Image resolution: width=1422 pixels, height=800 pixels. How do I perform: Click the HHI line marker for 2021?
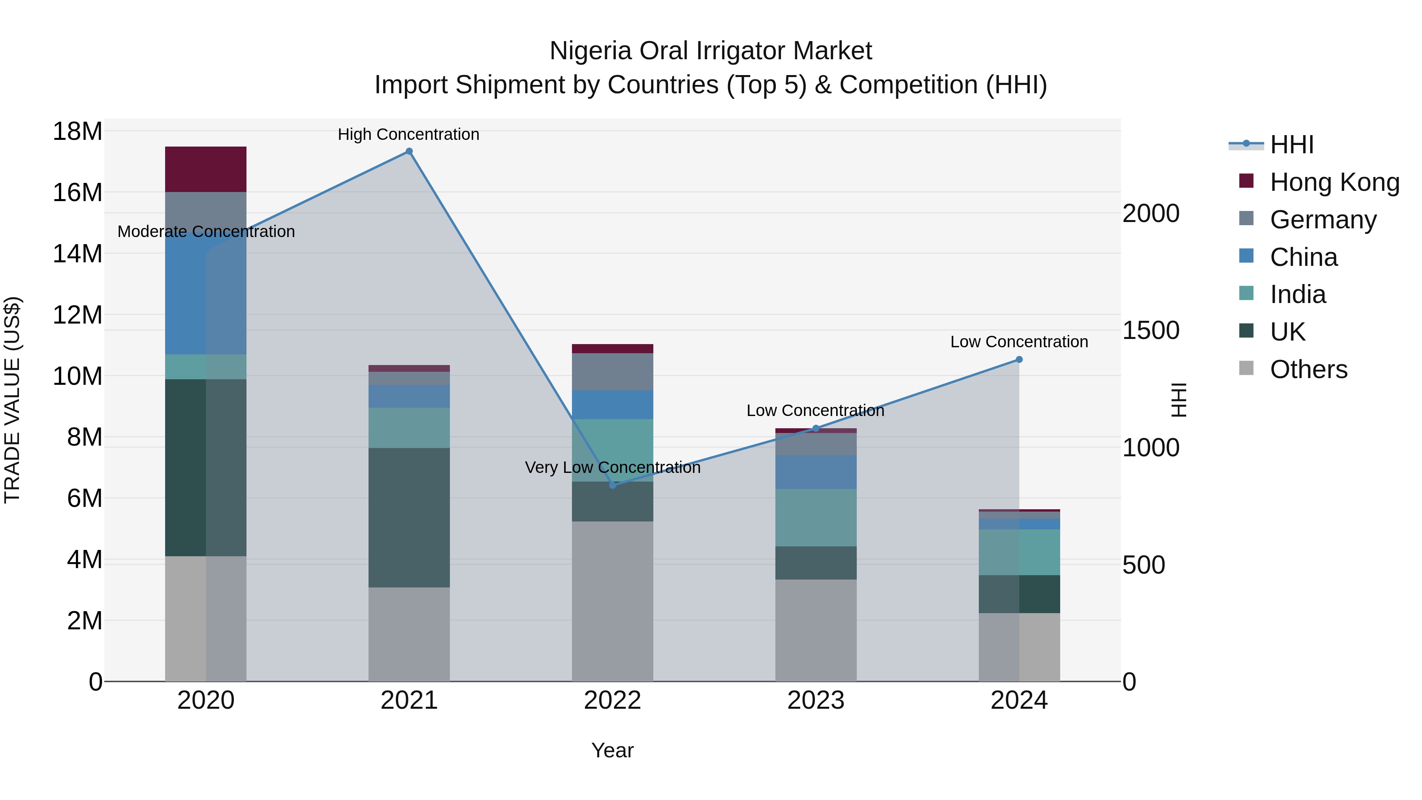pyautogui.click(x=409, y=151)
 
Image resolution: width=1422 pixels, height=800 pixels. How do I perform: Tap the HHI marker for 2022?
pyautogui.click(x=612, y=485)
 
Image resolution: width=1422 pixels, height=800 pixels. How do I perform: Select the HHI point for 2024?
pyautogui.click(x=1019, y=360)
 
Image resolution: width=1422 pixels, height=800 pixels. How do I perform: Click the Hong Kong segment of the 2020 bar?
pyautogui.click(x=205, y=169)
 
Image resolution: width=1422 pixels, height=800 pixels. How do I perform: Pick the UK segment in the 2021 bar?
pyautogui.click(x=409, y=517)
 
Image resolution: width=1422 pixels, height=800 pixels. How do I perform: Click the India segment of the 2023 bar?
pyautogui.click(x=816, y=517)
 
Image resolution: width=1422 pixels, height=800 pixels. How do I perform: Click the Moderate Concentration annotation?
pyautogui.click(x=206, y=232)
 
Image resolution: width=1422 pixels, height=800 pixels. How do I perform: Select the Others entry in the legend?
pyautogui.click(x=1308, y=369)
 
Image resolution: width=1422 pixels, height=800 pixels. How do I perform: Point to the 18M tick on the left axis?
pyautogui.click(x=77, y=132)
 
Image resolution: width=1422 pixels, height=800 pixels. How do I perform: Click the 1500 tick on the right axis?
pyautogui.click(x=1151, y=330)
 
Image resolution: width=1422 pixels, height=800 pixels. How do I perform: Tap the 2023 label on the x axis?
pyautogui.click(x=816, y=700)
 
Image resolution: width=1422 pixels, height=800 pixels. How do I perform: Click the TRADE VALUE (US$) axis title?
pyautogui.click(x=12, y=400)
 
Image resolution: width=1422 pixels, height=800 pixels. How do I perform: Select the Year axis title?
pyautogui.click(x=612, y=750)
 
